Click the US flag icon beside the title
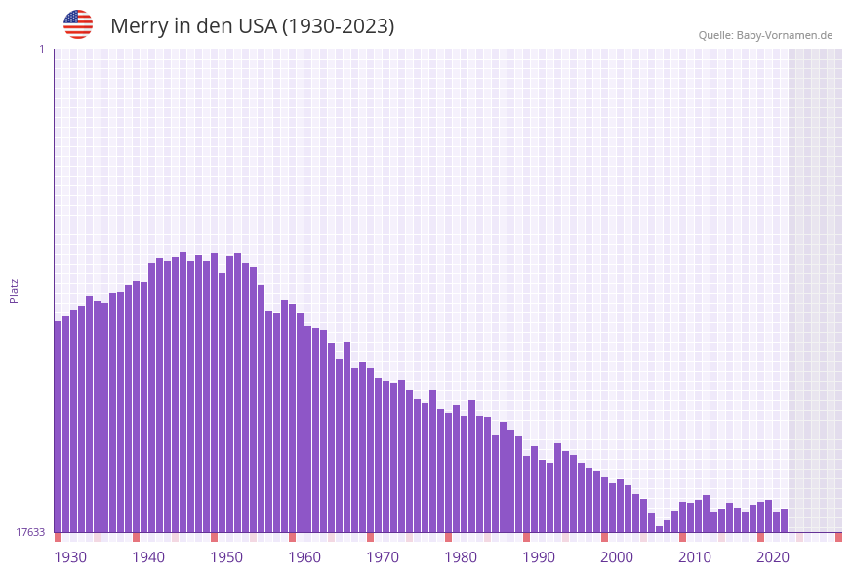point(78,24)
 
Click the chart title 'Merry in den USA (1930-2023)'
point(252,26)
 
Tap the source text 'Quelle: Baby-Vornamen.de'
point(765,35)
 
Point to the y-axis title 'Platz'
point(15,290)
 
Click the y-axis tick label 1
point(41,49)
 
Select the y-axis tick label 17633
point(30,532)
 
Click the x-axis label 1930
point(70,557)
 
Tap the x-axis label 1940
point(148,557)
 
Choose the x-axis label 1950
point(226,557)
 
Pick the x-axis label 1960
point(304,557)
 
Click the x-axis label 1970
point(383,557)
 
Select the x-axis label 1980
point(461,557)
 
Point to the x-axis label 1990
point(539,557)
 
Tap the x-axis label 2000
point(617,557)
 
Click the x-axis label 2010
point(695,557)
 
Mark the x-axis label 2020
point(773,557)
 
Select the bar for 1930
point(58,427)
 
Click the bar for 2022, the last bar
point(784,520)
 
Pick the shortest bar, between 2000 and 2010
point(659,529)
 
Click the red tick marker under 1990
point(526,537)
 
